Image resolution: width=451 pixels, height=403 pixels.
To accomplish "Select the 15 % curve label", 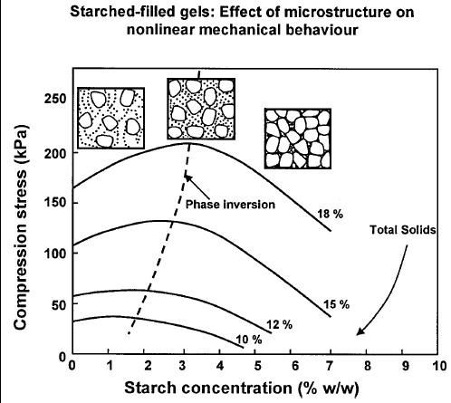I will click(x=338, y=304).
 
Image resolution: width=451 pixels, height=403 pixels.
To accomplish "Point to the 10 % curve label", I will click(x=250, y=339).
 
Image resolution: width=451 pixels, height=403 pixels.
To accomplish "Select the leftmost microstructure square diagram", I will click(x=108, y=118).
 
